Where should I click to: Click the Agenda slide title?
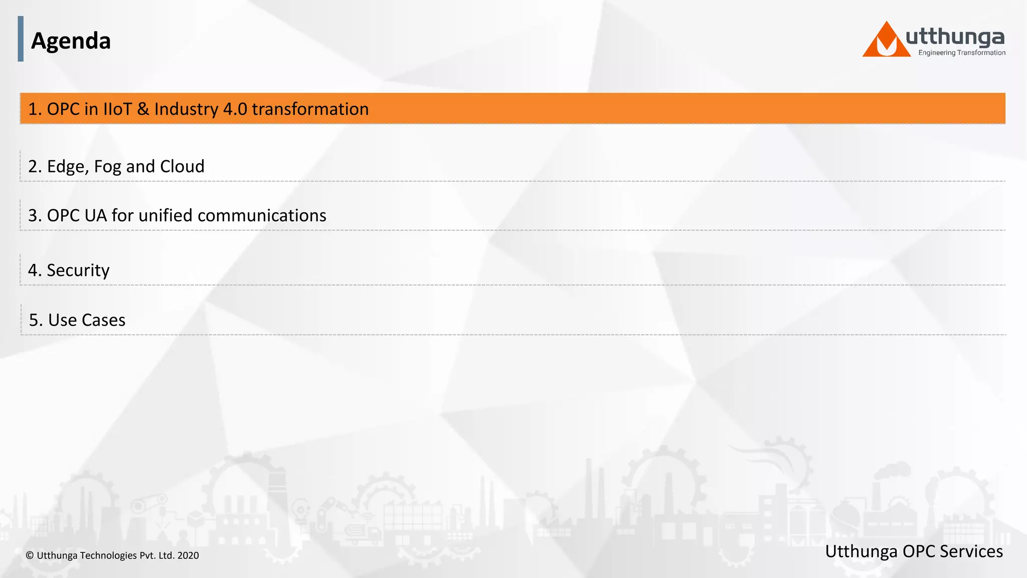71,41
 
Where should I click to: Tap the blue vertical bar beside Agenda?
21,39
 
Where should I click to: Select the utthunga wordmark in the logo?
955,38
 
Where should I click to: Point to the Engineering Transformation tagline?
961,53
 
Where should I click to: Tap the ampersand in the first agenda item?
143,109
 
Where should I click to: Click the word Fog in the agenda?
107,167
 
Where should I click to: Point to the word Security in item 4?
78,270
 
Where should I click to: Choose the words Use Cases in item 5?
87,320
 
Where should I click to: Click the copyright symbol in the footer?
30,555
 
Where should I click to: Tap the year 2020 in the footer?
188,555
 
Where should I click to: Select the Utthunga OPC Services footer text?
914,551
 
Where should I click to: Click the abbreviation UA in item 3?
95,215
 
